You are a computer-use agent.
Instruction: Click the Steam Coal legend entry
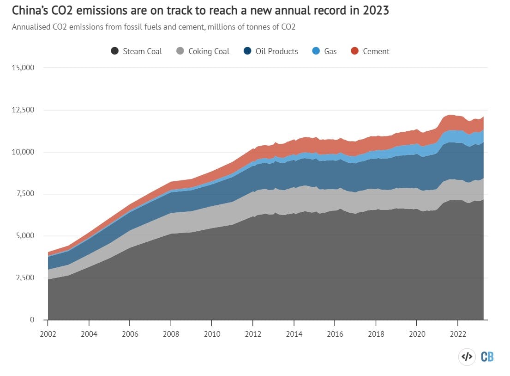coord(137,51)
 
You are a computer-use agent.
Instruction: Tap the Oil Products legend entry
coord(271,51)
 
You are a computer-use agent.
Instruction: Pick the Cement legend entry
coord(370,51)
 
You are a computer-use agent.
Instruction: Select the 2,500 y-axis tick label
coord(24,278)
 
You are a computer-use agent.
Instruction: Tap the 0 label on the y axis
coord(32,320)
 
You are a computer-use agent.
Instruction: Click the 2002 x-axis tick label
coord(48,333)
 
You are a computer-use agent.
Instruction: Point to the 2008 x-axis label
coord(171,333)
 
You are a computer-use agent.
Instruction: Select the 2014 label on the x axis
coord(294,333)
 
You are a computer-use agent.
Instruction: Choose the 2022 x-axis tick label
coord(457,333)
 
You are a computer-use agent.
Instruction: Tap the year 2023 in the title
coord(376,11)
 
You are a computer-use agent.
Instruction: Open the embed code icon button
coord(467,357)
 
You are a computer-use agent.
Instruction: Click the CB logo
coord(487,357)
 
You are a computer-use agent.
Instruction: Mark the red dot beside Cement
coord(355,51)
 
